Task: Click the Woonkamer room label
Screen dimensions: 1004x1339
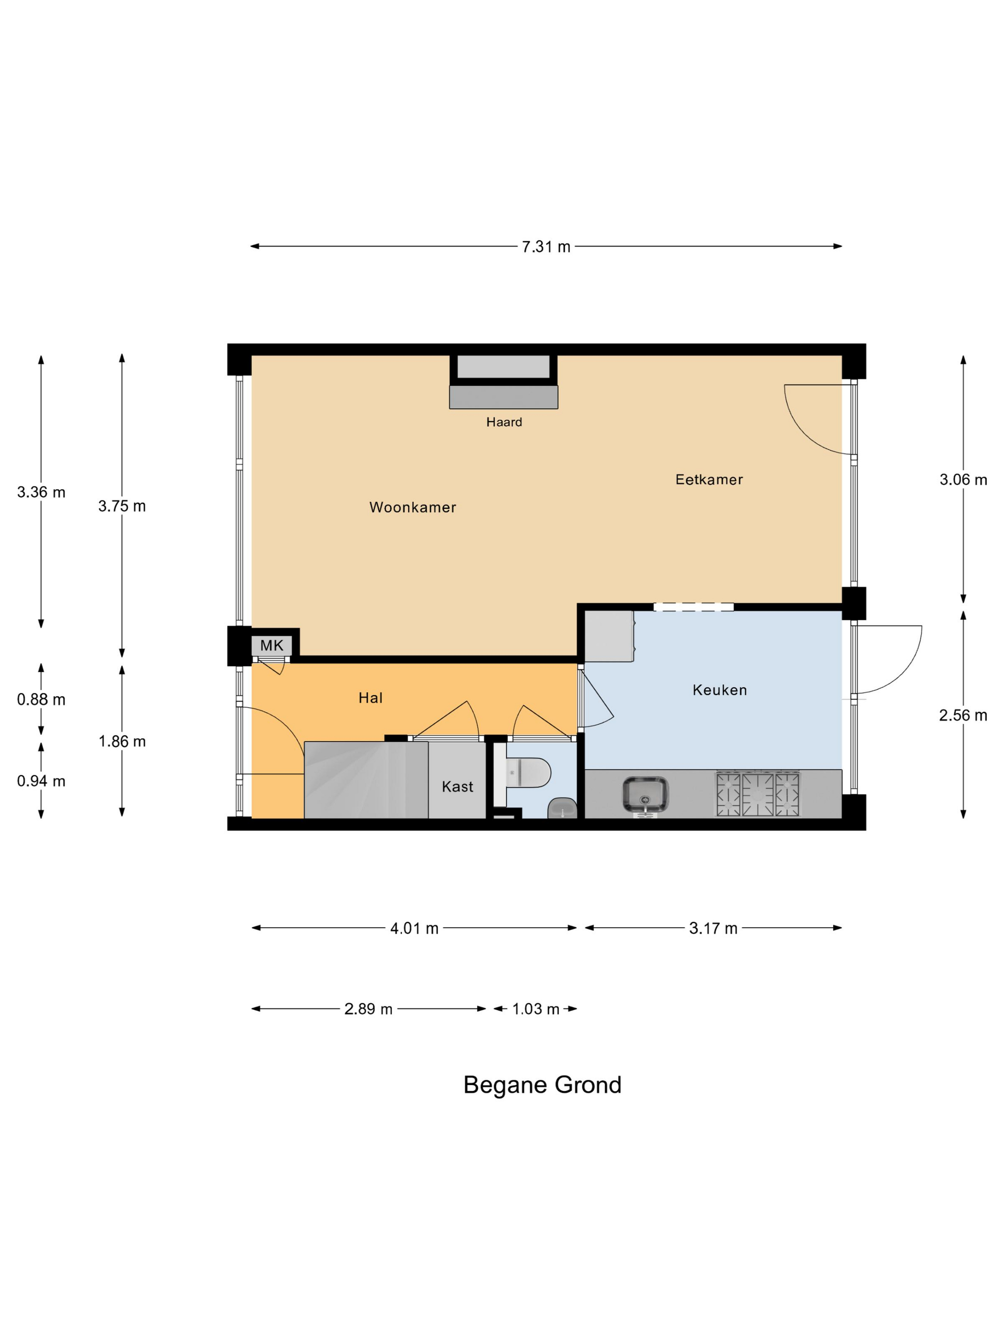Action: (x=412, y=507)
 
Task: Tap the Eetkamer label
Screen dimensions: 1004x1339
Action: (x=709, y=480)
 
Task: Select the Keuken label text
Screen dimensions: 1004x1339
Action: (x=720, y=690)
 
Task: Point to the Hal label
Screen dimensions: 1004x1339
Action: (x=371, y=698)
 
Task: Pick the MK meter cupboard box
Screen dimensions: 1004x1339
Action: (x=272, y=645)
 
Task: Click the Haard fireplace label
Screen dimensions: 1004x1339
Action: (x=504, y=422)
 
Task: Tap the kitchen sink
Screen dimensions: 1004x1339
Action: (x=646, y=794)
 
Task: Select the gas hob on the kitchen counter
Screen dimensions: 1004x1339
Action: (x=758, y=793)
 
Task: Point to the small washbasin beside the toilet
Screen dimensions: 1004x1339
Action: (x=562, y=808)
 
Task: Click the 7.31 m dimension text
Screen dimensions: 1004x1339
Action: (x=546, y=247)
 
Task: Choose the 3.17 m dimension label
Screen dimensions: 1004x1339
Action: (x=713, y=929)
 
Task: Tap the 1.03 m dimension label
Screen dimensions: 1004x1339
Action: (x=535, y=1009)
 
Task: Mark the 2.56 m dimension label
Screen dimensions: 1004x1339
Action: (x=963, y=715)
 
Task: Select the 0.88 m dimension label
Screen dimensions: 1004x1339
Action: (x=41, y=700)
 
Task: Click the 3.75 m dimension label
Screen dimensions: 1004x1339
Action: (x=122, y=506)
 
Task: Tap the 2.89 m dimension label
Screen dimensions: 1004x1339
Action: (x=368, y=1009)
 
